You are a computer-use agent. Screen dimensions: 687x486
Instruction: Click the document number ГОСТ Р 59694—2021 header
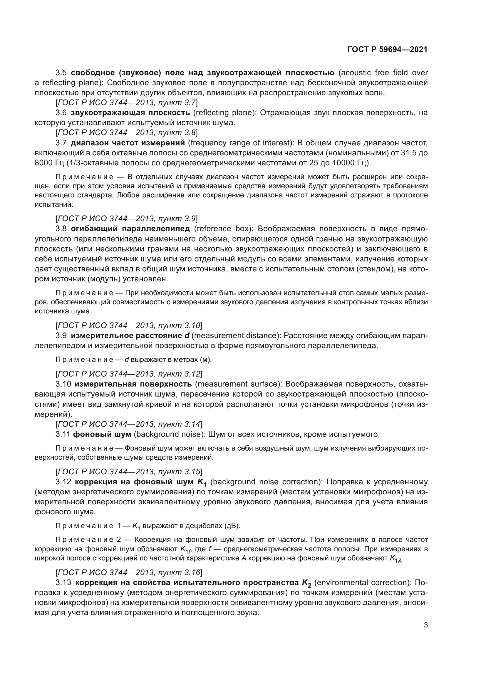(x=387, y=50)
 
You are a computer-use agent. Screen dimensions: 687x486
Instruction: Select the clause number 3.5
(x=61, y=73)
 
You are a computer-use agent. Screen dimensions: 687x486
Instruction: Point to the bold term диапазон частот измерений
(x=128, y=143)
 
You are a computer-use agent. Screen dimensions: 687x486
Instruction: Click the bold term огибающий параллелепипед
(x=130, y=229)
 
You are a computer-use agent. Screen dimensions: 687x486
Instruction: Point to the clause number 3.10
(x=63, y=384)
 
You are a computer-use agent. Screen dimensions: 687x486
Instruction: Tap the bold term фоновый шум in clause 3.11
(x=102, y=434)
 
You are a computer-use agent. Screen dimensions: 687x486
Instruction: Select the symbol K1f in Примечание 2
(x=185, y=550)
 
